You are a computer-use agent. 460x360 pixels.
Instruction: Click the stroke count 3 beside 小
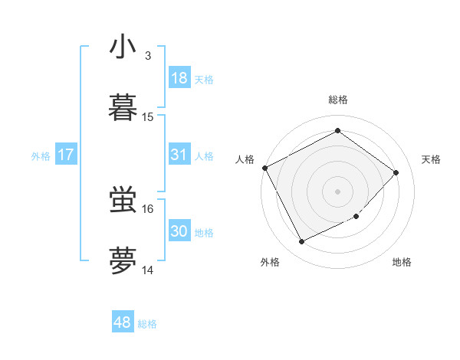tap(148, 56)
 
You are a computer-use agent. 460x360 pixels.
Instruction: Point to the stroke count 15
tap(148, 116)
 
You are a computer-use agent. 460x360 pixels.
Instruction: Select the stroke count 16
tap(148, 208)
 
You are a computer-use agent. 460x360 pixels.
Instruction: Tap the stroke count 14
tap(148, 270)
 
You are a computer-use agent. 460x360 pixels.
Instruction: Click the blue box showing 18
tap(179, 78)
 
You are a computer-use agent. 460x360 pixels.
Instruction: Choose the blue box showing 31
tap(179, 155)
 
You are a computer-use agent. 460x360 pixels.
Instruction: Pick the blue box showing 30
tap(179, 231)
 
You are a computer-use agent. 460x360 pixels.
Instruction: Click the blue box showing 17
tap(66, 155)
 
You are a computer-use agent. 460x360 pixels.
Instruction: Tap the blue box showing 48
tap(123, 322)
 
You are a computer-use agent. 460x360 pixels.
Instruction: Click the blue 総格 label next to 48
tap(147, 324)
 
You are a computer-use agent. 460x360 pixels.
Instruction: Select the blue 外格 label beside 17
tap(41, 156)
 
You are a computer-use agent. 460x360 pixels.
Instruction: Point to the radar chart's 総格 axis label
tap(338, 100)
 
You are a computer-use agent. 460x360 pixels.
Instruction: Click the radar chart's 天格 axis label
tap(432, 159)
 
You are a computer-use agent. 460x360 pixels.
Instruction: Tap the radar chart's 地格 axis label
tap(402, 262)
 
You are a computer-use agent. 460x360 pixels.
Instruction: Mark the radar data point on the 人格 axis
tap(264, 168)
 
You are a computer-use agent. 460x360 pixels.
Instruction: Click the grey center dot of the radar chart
tap(338, 191)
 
